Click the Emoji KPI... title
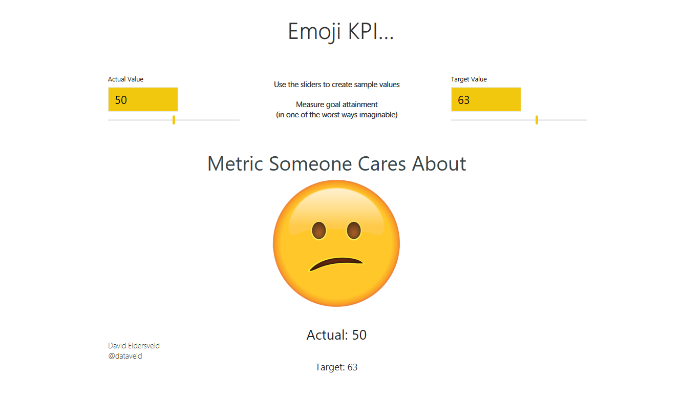tap(340, 32)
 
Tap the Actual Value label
tap(125, 79)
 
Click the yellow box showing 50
tap(143, 99)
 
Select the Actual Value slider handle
tap(174, 120)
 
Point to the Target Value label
tap(468, 79)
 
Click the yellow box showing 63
tap(485, 99)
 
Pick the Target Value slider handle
tap(537, 120)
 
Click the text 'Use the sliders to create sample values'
tap(336, 85)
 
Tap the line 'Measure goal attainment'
tap(336, 105)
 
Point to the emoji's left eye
tap(319, 231)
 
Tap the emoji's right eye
tap(354, 231)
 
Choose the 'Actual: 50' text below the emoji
tap(336, 335)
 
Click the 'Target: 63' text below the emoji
tap(336, 367)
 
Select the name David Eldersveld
tap(134, 346)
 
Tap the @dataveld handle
tap(125, 356)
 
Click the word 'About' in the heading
tap(439, 164)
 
